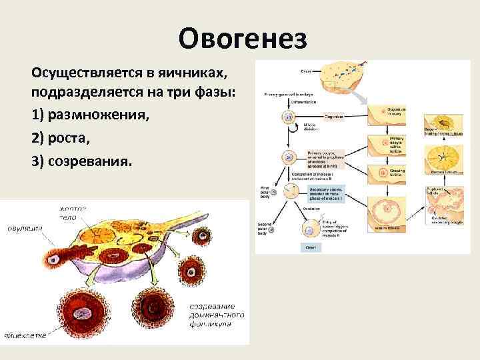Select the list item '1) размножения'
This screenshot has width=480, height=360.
coord(90,115)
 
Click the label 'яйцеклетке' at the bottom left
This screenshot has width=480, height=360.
coord(25,335)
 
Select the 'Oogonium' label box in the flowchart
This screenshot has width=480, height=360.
coord(333,116)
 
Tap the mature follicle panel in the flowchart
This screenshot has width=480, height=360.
coord(387,214)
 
